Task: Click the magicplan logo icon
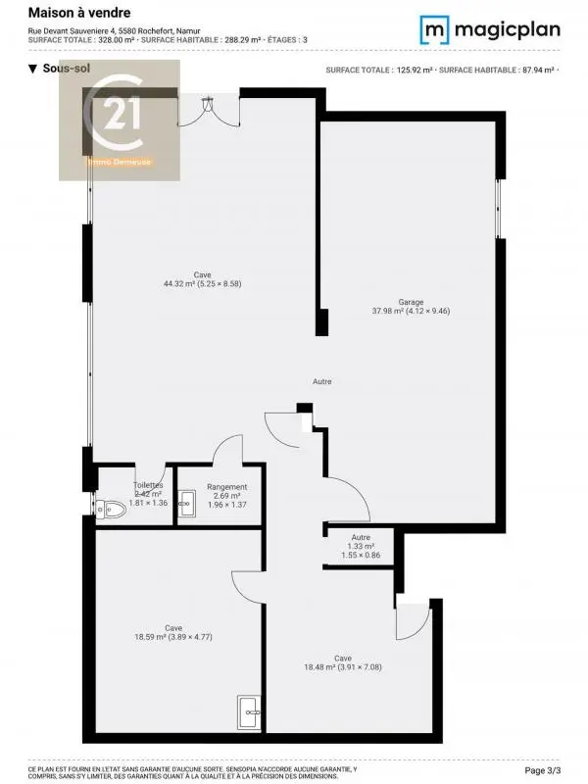pos(434,29)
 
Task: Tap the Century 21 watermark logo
pos(120,120)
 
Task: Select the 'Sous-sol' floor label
pos(60,69)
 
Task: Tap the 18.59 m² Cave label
pos(173,632)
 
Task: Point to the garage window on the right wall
pos(499,208)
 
